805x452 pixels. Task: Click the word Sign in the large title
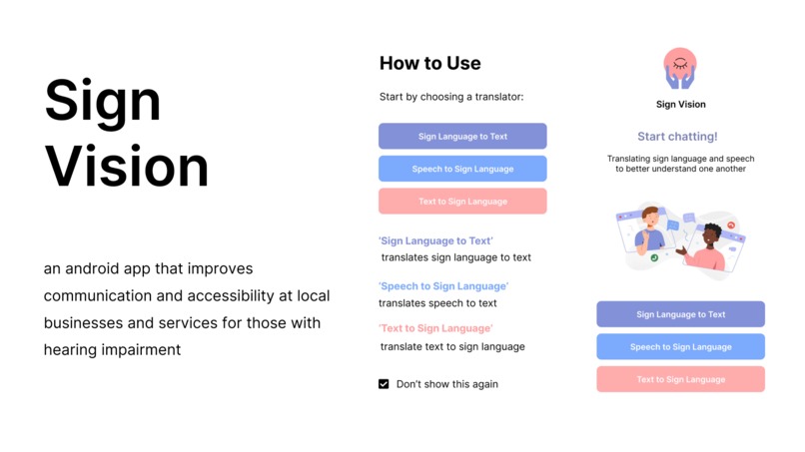pyautogui.click(x=103, y=102)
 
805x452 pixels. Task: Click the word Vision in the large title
pyautogui.click(x=127, y=168)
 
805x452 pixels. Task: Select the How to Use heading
pyautogui.click(x=429, y=63)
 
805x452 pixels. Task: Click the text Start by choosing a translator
pyautogui.click(x=451, y=97)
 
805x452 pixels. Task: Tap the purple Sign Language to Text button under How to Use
pyautogui.click(x=462, y=137)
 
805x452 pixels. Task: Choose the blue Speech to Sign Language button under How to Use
pyautogui.click(x=462, y=169)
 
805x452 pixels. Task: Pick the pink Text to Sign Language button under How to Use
pyautogui.click(x=462, y=202)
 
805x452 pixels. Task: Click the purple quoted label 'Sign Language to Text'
pyautogui.click(x=435, y=240)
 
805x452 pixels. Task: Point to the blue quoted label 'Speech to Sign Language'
pyautogui.click(x=442, y=286)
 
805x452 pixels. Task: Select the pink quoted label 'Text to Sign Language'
pyautogui.click(x=435, y=328)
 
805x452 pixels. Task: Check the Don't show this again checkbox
pyautogui.click(x=384, y=384)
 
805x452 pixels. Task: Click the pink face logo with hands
pyautogui.click(x=680, y=68)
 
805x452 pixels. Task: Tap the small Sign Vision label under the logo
pyautogui.click(x=680, y=104)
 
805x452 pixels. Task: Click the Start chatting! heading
pyautogui.click(x=677, y=137)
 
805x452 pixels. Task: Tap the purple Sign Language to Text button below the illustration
pyautogui.click(x=680, y=314)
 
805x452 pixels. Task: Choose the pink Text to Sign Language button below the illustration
pyautogui.click(x=680, y=379)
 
